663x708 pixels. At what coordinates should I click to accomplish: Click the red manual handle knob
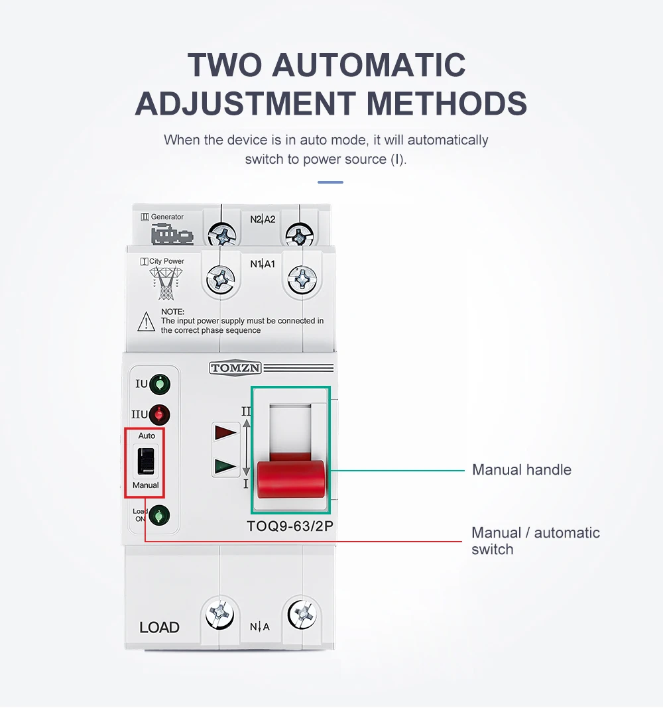point(291,479)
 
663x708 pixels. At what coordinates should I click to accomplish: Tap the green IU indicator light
point(159,384)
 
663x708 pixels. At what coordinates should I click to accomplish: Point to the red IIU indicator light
point(159,414)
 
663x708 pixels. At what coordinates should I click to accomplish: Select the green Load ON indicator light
point(159,515)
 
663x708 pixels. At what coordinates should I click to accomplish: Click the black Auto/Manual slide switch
point(146,461)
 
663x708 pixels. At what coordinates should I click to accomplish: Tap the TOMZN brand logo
point(235,368)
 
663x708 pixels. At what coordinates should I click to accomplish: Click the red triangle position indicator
point(225,432)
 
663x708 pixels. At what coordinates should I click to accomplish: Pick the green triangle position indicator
point(225,466)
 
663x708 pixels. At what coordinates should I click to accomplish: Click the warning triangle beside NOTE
point(146,322)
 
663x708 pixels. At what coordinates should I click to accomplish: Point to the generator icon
point(172,235)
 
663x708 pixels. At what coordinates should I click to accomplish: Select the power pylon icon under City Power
point(166,283)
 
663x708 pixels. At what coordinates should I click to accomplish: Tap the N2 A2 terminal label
point(263,219)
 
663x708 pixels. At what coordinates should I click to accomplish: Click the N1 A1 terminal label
point(263,264)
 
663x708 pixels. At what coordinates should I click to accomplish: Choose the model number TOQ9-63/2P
point(290,526)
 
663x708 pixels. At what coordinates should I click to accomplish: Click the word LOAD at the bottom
point(159,627)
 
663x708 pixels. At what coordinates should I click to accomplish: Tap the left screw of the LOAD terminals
point(220,614)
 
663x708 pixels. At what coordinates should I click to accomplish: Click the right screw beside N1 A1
point(302,278)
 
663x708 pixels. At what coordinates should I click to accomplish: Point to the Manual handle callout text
point(522,469)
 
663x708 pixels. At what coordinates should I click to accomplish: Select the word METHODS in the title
point(447,103)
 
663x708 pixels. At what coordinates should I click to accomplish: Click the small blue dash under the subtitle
point(330,182)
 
